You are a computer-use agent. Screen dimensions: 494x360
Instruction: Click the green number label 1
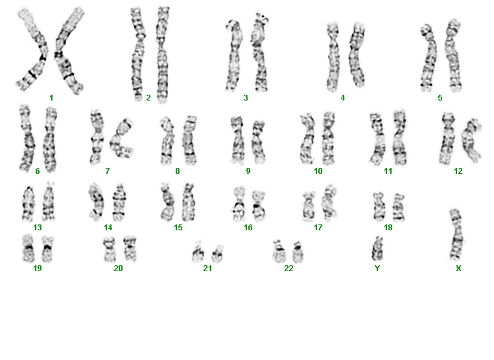pos(51,98)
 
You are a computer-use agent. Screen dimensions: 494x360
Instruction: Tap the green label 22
pos(288,269)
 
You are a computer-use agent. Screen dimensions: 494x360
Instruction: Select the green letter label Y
pos(377,269)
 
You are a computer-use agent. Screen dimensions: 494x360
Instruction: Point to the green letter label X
pos(458,269)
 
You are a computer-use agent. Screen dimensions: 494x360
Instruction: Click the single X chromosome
pos(456,235)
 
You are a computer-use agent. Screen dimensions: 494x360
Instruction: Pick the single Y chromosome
pos(377,250)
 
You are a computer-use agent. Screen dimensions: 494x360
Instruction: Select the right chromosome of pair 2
pos(162,55)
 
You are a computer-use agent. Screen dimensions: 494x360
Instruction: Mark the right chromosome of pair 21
pos(217,254)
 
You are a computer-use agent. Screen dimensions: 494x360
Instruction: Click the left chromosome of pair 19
pos(29,248)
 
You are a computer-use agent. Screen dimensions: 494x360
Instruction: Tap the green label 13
pos(37,227)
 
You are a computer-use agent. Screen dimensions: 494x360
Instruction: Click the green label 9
pos(248,171)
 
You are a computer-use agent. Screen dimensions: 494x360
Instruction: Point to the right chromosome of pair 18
pos(399,208)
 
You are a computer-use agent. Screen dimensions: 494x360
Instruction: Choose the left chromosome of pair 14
pos(96,201)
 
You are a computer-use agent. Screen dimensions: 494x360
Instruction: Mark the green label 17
pos(318,227)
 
